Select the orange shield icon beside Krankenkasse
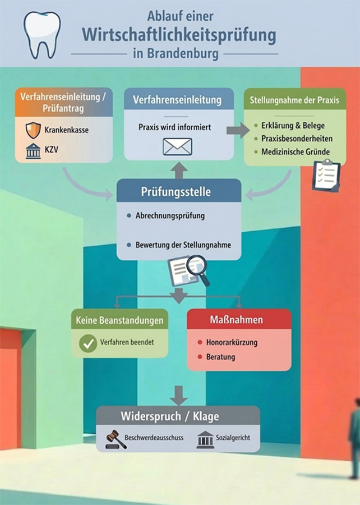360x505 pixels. (33, 130)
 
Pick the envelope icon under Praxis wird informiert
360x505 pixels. (177, 146)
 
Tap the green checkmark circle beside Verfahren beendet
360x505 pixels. (88, 342)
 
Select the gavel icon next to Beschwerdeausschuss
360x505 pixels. (116, 439)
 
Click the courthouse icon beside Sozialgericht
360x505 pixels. (205, 439)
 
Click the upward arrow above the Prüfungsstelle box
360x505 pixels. (178, 169)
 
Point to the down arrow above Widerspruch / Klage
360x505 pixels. (178, 394)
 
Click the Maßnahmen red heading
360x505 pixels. (238, 320)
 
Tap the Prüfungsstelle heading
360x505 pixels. (176, 192)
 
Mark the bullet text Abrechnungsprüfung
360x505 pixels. (170, 215)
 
